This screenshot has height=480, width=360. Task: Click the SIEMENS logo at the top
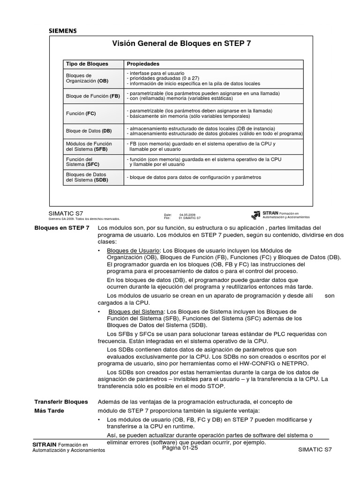tap(63, 31)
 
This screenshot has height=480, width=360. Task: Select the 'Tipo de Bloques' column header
tap(87, 64)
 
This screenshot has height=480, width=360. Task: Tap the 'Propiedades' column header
tap(143, 64)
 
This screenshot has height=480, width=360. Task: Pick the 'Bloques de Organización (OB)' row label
tap(87, 78)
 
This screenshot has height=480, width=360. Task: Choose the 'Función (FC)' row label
tap(82, 113)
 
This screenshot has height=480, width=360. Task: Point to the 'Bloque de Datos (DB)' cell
tap(89, 131)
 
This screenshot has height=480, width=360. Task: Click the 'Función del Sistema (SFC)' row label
tap(82, 162)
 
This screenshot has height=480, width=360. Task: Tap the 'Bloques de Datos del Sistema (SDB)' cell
tap(87, 177)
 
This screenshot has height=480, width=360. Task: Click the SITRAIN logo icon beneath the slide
tap(256, 215)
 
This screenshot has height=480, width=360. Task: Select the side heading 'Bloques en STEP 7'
tap(62, 228)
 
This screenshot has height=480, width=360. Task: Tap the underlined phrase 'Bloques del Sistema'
tap(136, 312)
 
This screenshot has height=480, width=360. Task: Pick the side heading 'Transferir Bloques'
tap(61, 402)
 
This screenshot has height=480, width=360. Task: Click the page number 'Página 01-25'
tap(180, 448)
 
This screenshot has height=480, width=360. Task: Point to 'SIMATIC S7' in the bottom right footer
tap(314, 450)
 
